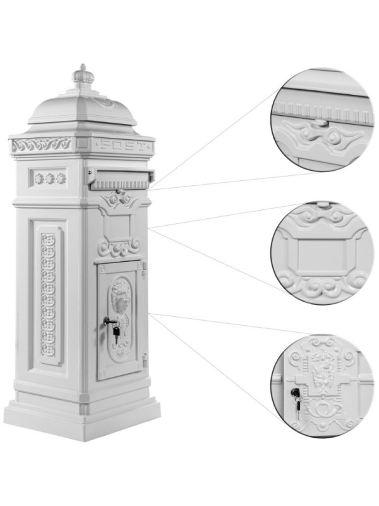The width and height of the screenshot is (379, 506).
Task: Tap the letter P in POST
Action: point(104,145)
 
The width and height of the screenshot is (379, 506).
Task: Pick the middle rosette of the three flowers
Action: point(50,178)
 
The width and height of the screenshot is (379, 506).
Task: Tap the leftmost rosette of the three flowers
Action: point(39,178)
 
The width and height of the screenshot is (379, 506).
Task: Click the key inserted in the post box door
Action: point(109,320)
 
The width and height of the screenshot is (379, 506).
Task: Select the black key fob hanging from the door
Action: point(116,332)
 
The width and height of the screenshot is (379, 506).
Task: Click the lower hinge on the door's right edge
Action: point(145,361)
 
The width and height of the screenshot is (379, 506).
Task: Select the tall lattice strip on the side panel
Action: point(48,295)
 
